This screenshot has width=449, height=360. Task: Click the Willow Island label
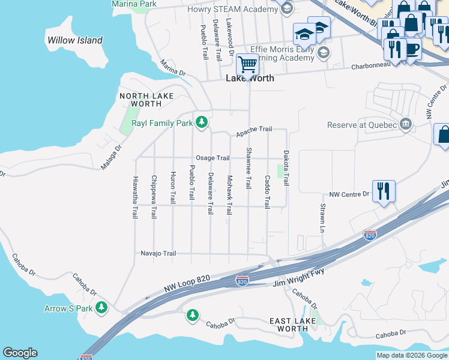pos(74,41)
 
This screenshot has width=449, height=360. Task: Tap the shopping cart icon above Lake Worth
pos(247,63)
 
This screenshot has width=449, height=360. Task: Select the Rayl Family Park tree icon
pos(202,122)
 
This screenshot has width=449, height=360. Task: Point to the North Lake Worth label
pos(146,100)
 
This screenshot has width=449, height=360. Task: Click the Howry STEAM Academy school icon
pos(287,8)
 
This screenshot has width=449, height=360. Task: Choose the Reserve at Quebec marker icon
pos(406,124)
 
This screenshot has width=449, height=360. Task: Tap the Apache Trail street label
pos(253,130)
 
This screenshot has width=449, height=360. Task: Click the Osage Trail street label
pos(212,158)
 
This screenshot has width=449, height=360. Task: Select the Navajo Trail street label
pos(158,254)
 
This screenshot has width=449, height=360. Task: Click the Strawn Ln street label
pos(322,218)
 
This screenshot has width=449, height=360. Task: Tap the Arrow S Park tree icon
pos(101,308)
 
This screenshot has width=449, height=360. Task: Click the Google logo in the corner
pos(20,353)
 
